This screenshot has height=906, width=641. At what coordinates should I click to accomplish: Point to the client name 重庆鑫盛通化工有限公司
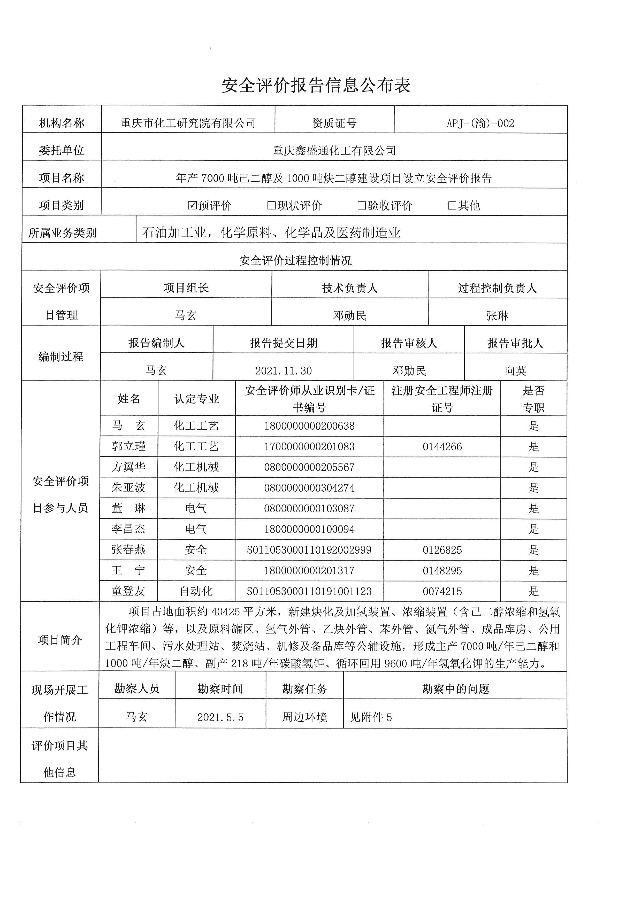click(x=334, y=151)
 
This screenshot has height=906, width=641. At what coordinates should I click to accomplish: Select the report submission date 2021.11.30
click(x=283, y=370)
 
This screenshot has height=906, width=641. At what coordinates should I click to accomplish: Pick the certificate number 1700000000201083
click(x=309, y=447)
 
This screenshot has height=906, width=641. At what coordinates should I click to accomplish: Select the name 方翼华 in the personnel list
click(x=129, y=467)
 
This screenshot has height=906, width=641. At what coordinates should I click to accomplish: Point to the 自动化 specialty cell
click(x=196, y=591)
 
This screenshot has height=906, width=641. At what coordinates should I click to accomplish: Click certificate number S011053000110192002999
click(x=309, y=550)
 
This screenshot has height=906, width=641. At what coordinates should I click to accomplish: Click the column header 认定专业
click(x=196, y=399)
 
